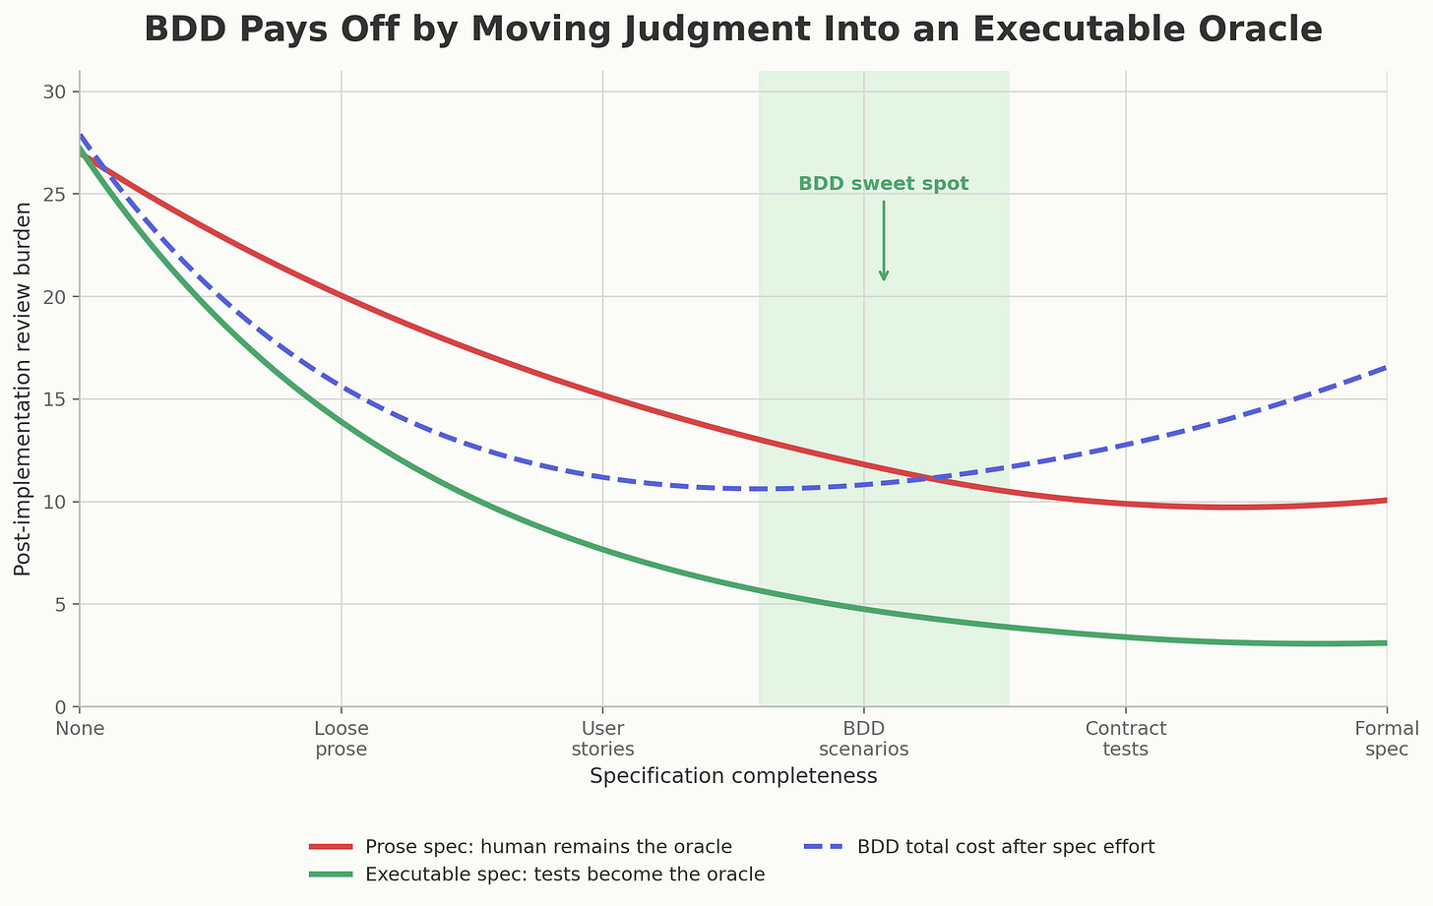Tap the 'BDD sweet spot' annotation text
pos(883,184)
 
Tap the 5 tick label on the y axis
pos(60,604)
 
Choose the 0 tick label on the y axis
pos(60,706)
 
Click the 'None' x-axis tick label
pos(80,729)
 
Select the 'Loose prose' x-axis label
pos(341,739)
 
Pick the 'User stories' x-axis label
pos(602,739)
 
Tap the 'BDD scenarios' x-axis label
pos(863,739)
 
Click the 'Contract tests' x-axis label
pos(1125,739)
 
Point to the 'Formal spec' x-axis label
pos(1387,739)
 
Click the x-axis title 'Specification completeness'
pos(733,776)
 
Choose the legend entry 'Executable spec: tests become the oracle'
pos(564,875)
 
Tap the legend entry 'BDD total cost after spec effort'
pos(1005,847)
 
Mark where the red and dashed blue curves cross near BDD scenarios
pos(927,479)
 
